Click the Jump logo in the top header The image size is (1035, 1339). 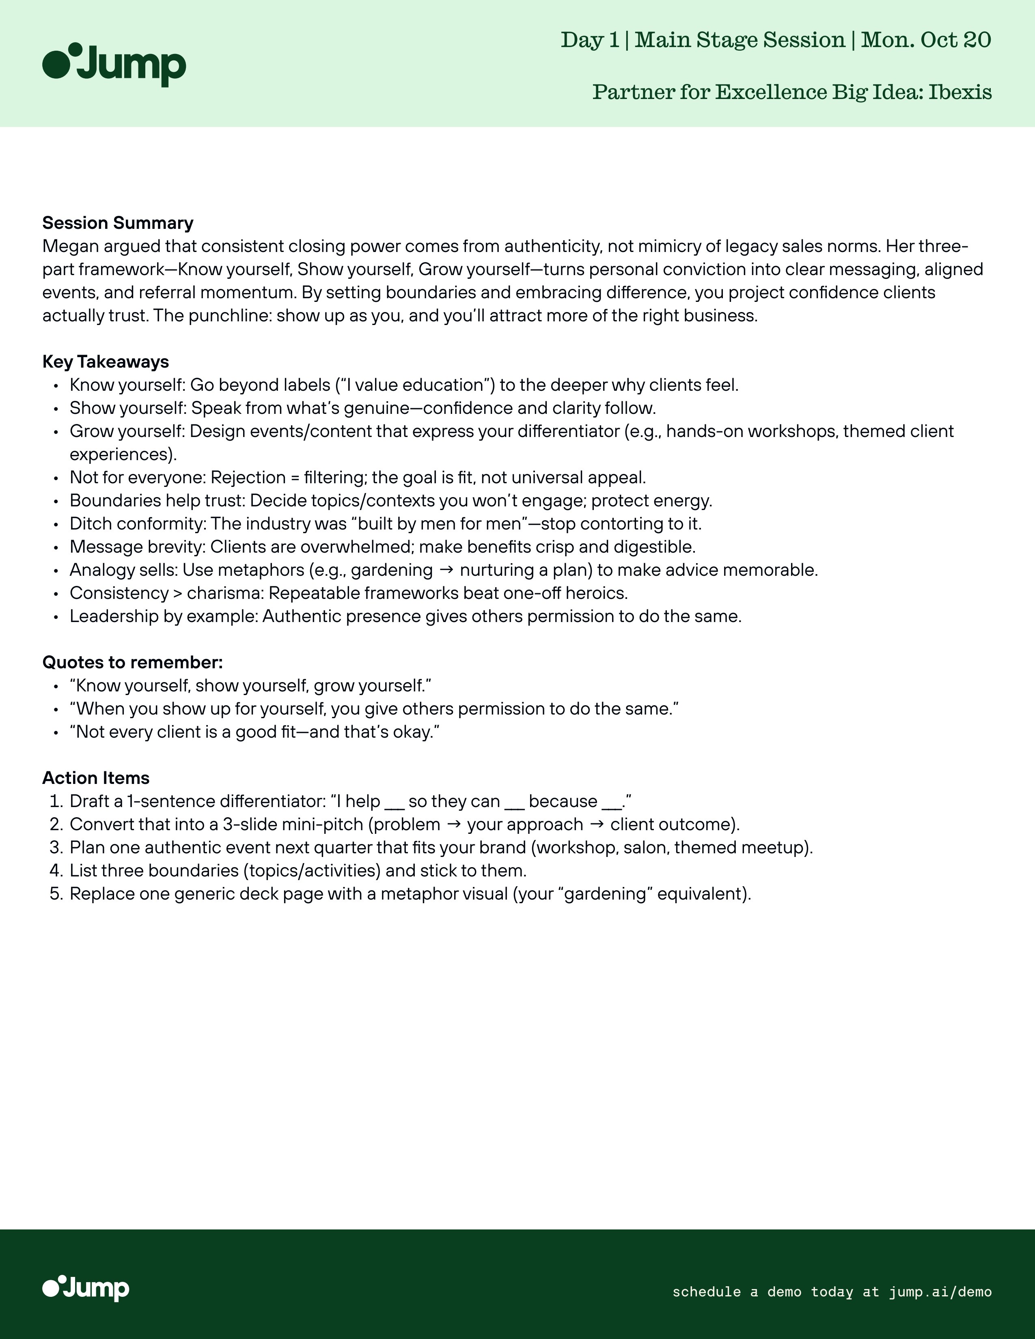114,65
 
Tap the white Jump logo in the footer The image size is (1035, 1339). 86,1288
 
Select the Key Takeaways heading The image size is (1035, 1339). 106,362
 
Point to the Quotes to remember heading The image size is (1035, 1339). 132,662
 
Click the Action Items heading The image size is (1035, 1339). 96,778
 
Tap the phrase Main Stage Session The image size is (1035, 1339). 740,40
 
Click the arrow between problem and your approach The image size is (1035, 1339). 454,824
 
